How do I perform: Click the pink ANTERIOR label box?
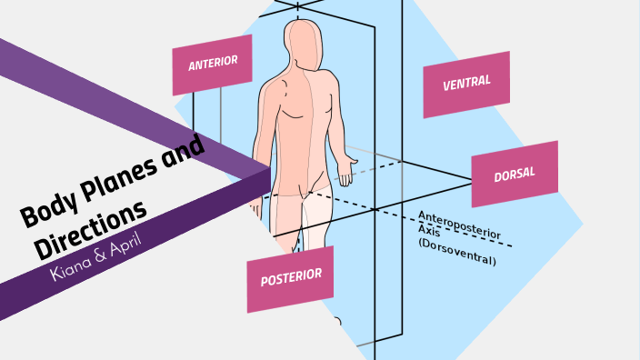pyautogui.click(x=212, y=65)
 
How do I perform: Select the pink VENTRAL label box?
pyautogui.click(x=465, y=84)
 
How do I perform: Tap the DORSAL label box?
pyautogui.click(x=514, y=174)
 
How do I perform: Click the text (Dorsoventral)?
pyautogui.click(x=456, y=254)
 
